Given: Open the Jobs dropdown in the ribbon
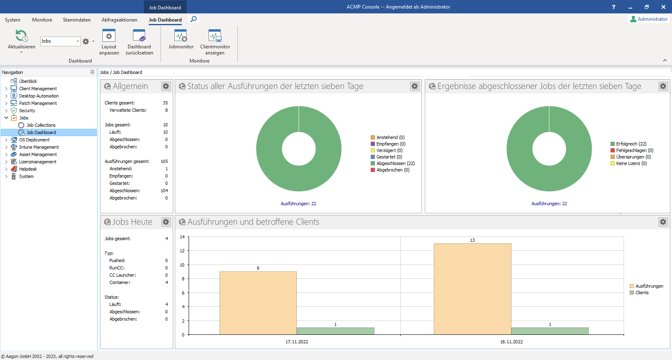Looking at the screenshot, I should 78,41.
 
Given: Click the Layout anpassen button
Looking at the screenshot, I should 109,42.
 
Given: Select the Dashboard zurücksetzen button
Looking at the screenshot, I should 139,42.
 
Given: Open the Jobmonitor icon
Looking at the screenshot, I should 181,39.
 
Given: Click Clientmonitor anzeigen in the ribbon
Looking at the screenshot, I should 215,42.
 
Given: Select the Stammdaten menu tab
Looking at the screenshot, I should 76,20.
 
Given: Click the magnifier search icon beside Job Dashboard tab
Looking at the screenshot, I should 194,19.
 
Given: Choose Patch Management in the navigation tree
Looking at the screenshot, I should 38,103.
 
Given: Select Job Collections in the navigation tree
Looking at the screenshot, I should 41,125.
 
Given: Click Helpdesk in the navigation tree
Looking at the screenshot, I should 28,169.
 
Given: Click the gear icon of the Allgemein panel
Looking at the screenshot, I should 166,86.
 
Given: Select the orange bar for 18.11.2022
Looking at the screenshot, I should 472,289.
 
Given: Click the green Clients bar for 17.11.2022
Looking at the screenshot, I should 335,331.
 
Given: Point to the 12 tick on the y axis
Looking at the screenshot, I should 182,251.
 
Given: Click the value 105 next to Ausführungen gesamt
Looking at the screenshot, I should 164,161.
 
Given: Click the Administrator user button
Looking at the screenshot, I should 649,19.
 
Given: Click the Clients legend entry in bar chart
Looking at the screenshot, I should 642,293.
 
